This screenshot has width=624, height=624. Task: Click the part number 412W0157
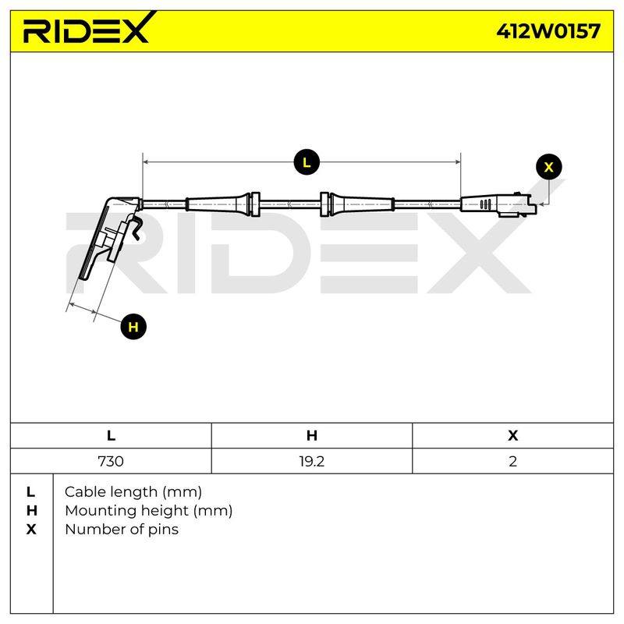click(548, 31)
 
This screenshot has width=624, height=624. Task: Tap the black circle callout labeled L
click(307, 162)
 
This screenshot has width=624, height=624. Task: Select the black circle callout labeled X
click(549, 167)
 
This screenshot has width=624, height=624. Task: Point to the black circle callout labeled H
click(133, 327)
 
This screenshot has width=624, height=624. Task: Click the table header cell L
click(111, 435)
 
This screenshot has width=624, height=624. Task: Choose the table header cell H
click(311, 435)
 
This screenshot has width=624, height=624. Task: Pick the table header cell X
click(512, 435)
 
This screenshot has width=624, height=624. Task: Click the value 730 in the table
click(111, 461)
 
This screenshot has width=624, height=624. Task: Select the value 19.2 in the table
click(311, 461)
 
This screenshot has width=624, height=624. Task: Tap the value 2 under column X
click(512, 461)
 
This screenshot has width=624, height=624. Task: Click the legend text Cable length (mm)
click(133, 492)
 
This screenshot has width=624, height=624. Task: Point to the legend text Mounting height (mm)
click(149, 511)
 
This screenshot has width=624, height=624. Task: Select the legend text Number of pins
click(122, 530)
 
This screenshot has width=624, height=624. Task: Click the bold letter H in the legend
click(31, 511)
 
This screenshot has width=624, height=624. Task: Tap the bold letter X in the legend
click(31, 530)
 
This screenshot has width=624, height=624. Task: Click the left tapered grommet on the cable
click(223, 204)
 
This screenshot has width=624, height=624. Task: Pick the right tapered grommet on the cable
click(357, 204)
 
